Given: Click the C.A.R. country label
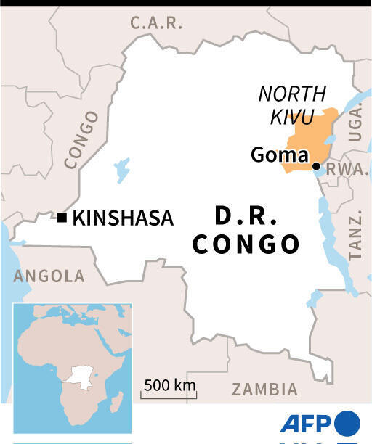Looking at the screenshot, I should coord(156,22).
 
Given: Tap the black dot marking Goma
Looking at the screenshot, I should coord(317,167).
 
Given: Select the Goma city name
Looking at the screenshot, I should coord(280,155).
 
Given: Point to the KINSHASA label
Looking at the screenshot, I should coord(123,218).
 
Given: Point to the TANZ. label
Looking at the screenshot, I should coord(355,237).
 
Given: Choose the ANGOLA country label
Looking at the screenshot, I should coord(49,276).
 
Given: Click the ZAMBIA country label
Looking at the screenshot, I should coord(264,389).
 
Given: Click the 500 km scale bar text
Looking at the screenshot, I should coord(169,385).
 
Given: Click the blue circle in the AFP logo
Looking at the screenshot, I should coord(347,423).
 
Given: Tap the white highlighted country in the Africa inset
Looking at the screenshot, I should coord(78,377).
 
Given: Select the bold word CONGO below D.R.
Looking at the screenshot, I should coord(246,244).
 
